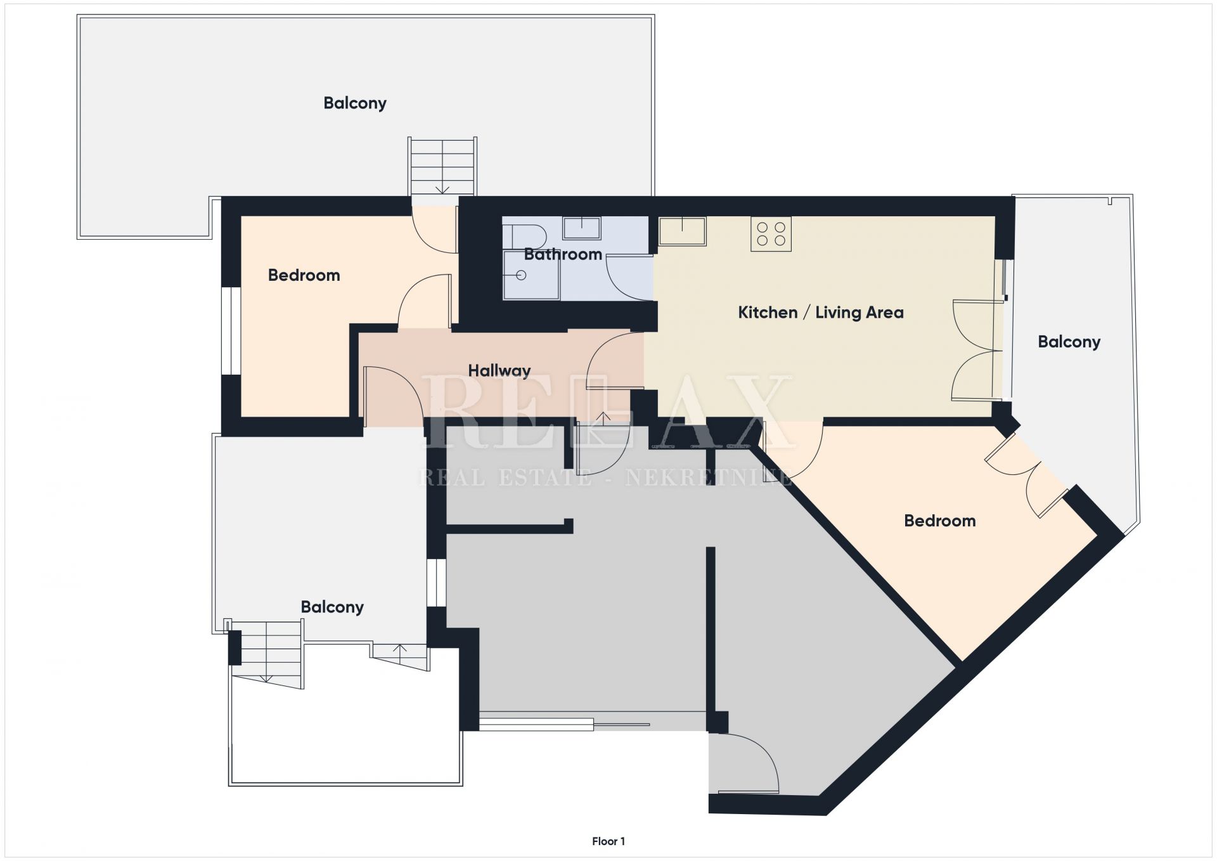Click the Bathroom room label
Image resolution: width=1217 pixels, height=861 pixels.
pos(563,254)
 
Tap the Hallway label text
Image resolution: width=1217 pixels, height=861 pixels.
pos(499,371)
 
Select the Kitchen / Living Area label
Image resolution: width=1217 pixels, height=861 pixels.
pos(821,313)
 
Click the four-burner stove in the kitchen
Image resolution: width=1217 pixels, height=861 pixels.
pos(771,234)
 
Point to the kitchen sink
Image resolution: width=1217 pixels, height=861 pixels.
pos(683,231)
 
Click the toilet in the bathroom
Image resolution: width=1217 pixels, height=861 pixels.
pos(524,235)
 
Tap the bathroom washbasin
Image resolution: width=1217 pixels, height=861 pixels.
pos(581,228)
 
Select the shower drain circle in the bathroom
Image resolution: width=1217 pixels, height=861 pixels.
pos(521,275)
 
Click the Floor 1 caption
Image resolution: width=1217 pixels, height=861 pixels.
pos(608,841)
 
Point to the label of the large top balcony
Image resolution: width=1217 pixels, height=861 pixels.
pos(355,103)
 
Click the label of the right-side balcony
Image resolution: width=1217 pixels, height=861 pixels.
pos(1069,342)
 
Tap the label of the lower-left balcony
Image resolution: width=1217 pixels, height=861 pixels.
pos(332,607)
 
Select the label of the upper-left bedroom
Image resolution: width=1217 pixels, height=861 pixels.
pos(304,275)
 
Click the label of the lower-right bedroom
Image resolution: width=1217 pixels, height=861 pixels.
pos(939,521)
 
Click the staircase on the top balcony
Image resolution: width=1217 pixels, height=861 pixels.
pos(442,166)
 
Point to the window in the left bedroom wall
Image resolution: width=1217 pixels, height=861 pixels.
pos(232,331)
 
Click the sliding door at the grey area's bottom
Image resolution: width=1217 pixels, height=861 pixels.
pos(564,723)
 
